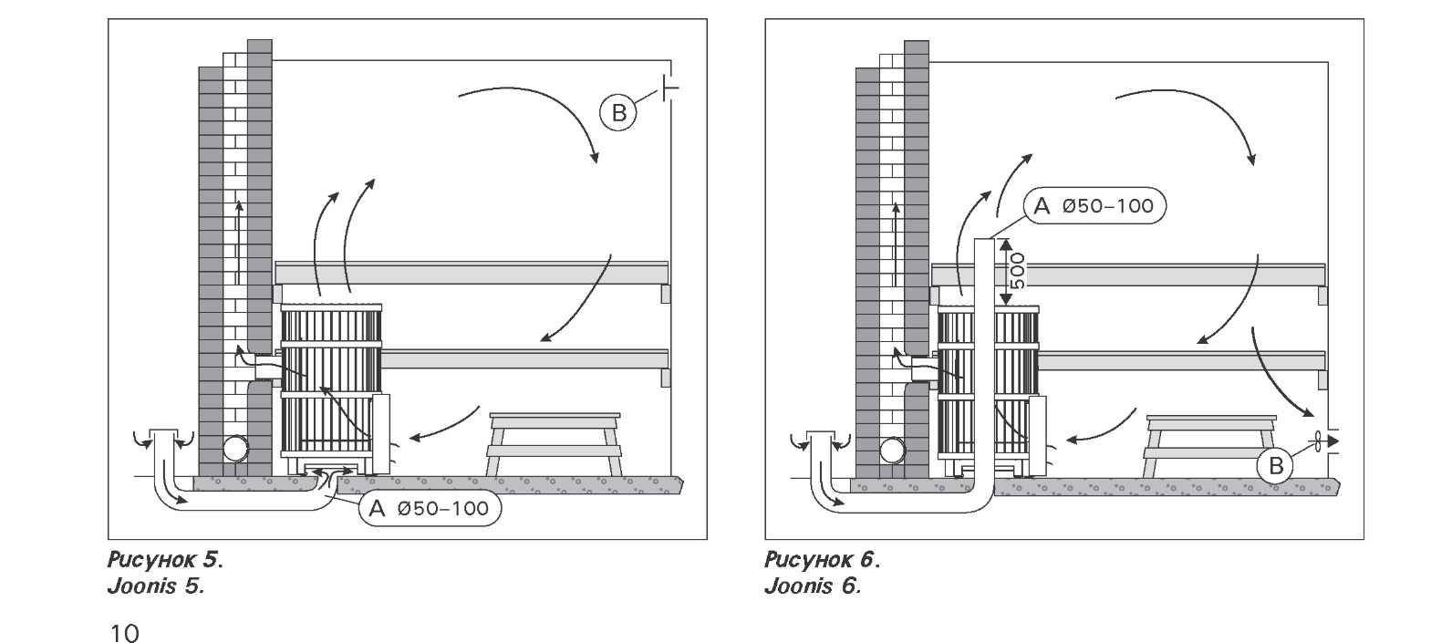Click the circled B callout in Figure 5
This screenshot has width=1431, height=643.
click(x=618, y=113)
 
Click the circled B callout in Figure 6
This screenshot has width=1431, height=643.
click(x=1275, y=467)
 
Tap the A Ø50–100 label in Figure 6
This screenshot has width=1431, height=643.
click(x=1094, y=206)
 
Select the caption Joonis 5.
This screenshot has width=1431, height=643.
click(x=156, y=586)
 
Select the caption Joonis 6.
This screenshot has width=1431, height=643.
click(x=813, y=586)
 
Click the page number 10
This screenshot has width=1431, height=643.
click(x=125, y=632)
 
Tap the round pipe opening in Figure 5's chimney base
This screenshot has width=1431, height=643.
click(x=235, y=450)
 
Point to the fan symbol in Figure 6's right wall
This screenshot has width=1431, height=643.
click(x=1319, y=441)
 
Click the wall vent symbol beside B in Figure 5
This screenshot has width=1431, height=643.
click(x=670, y=88)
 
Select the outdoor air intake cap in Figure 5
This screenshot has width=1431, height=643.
click(x=165, y=438)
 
